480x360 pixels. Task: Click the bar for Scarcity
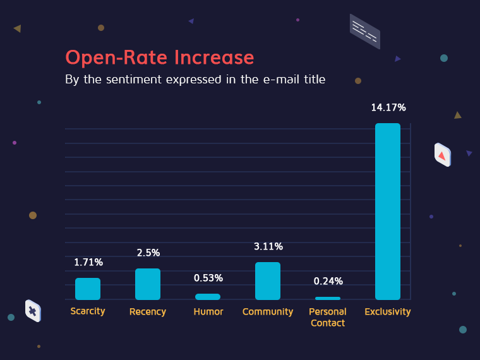pos(88,289)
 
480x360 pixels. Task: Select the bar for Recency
pos(148,284)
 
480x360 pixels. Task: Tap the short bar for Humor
pos(208,297)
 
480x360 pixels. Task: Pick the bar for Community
pos(268,281)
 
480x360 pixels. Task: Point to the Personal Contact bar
pos(328,298)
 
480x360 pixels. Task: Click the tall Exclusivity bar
pos(388,212)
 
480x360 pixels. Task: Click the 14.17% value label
pos(388,107)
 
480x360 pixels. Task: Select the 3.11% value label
pos(268,246)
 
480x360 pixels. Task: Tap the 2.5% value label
pos(148,253)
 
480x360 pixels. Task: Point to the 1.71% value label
pos(88,262)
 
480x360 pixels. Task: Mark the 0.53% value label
pos(208,278)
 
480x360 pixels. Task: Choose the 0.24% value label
pos(328,281)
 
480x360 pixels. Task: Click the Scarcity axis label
pos(88,311)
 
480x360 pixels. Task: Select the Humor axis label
pos(208,311)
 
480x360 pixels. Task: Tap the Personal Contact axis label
pos(328,317)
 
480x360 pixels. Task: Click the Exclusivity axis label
pos(388,311)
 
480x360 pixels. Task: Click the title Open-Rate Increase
pos(160,57)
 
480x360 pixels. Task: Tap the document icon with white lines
pos(364,31)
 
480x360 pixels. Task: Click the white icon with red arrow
pos(442,155)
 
